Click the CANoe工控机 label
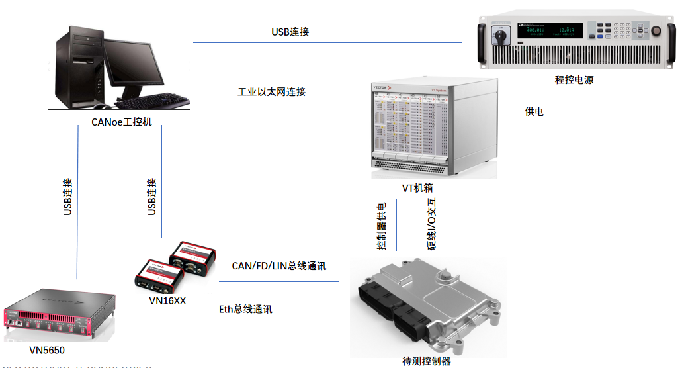coord(122,122)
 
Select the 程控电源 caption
coord(574,79)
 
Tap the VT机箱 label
coord(417,188)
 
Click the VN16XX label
coord(168,300)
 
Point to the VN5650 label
coord(47,349)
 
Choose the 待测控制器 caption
coord(427,361)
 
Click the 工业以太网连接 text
coord(271,92)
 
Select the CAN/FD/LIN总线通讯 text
coord(278,266)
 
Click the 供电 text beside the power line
coord(534,112)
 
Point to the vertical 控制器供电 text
coord(382,227)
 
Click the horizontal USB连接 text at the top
coord(290,32)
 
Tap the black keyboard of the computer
coord(155,100)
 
